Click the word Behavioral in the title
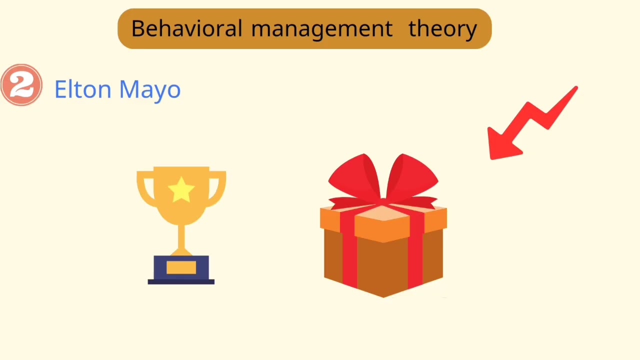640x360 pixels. click(186, 28)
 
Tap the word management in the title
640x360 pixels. click(321, 29)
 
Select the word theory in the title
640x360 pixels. click(442, 29)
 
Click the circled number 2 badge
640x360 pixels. click(21, 85)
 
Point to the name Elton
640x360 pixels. click(82, 89)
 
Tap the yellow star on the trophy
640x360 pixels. click(181, 190)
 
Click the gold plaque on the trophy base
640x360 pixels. click(181, 268)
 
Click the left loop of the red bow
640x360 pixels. click(352, 177)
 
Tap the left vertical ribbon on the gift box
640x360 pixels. click(349, 255)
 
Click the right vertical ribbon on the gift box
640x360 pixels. click(415, 255)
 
